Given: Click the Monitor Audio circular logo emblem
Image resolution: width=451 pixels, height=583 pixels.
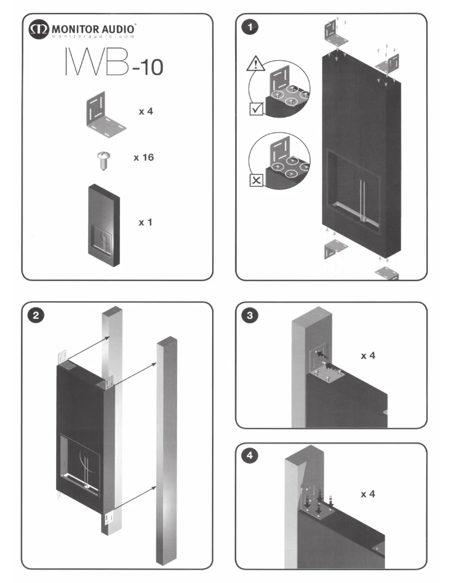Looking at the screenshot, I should point(40,30).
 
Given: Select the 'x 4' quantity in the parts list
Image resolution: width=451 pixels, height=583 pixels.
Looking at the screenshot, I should point(147,111).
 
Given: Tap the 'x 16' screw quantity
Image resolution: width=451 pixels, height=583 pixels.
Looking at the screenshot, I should point(143,158).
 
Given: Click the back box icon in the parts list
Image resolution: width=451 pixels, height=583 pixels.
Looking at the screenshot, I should point(104,223).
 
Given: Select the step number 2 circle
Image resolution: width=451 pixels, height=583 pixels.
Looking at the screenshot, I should point(37,316).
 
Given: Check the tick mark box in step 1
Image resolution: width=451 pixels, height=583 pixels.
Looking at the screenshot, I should point(256,109).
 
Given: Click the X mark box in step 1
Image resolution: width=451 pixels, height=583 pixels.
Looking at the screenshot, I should point(256,180).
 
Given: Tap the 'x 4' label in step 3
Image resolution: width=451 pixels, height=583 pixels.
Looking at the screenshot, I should point(368,356).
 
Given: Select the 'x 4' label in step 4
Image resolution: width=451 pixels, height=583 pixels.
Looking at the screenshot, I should point(368,494).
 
